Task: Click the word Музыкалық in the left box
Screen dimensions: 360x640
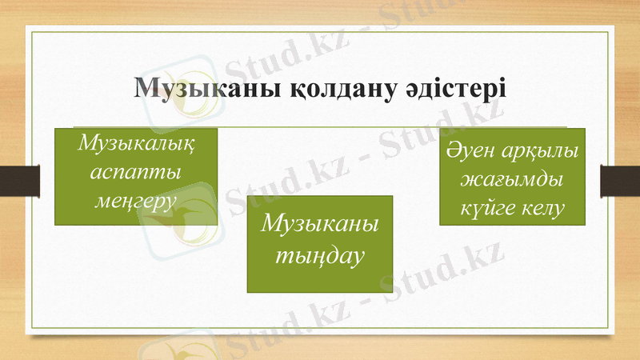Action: click(x=136, y=145)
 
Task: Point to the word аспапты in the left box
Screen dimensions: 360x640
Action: click(x=136, y=171)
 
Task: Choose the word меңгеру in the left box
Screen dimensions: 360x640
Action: click(x=136, y=198)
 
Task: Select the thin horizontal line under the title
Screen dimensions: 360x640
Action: click(x=320, y=126)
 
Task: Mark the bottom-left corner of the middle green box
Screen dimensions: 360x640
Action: click(x=246, y=292)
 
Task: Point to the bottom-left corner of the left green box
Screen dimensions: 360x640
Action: click(x=54, y=225)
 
